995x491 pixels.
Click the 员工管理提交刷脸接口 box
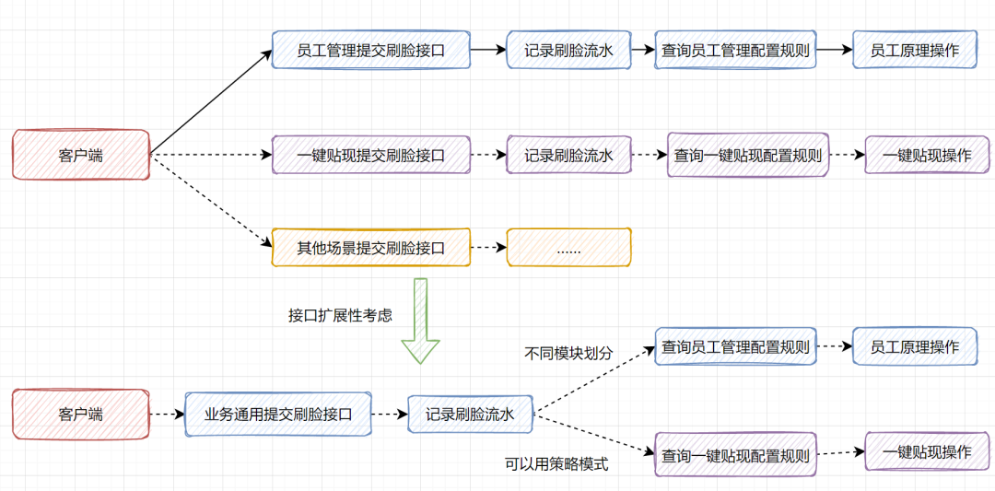370,51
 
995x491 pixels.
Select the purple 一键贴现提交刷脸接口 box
370,156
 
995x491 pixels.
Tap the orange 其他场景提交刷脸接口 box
370,248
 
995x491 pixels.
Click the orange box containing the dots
568,248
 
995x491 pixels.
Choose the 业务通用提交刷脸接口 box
278,415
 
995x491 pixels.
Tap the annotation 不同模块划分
568,353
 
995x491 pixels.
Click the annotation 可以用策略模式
556,464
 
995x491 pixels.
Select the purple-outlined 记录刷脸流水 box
568,156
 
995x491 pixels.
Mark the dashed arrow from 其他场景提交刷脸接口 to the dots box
488,248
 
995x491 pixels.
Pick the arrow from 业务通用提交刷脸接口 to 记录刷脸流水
390,415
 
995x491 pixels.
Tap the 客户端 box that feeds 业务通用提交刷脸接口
80,415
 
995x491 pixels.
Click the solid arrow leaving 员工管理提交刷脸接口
488,51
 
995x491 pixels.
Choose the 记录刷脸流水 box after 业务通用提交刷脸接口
470,415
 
